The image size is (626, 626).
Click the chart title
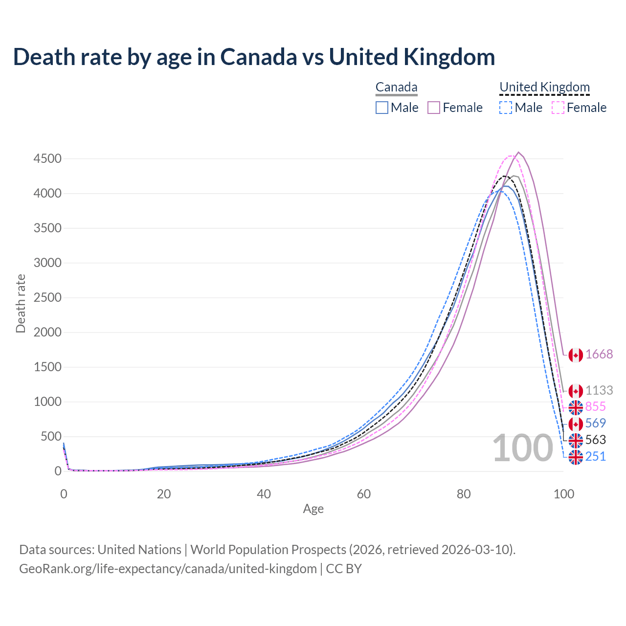coord(254,57)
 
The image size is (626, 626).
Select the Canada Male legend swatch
coord(382,108)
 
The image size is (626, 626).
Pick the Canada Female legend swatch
coord(434,108)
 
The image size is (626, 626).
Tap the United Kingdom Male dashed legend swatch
coord(506,108)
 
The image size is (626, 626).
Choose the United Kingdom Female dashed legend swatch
coord(558,108)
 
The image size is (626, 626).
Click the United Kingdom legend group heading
coord(544,87)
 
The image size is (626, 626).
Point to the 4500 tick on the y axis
coord(47,159)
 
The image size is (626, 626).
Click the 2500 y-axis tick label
coord(47,298)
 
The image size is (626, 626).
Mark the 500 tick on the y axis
coord(51,437)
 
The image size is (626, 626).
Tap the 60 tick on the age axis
coord(364,494)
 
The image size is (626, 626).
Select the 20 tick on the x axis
coord(164,494)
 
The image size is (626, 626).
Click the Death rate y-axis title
coord(21,304)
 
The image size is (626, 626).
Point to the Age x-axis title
coord(313,509)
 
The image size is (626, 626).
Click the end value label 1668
coord(599,355)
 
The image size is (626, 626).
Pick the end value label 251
coord(596,456)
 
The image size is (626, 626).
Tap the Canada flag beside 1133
coord(576,391)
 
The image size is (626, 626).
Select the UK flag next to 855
coord(576,407)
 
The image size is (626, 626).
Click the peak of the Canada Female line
coord(518,152)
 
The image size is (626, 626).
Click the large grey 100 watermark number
coord(522,448)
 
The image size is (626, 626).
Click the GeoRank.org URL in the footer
coord(168,569)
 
